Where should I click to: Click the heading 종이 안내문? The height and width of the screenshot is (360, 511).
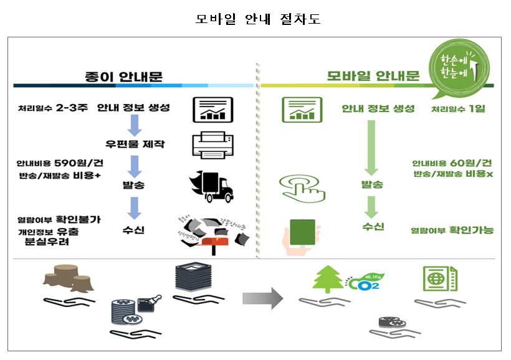[x=123, y=77]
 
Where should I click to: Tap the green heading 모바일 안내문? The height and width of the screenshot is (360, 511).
[x=373, y=77]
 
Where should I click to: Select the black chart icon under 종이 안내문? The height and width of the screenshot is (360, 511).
[x=212, y=110]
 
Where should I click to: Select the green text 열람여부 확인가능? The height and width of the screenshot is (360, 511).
[x=452, y=230]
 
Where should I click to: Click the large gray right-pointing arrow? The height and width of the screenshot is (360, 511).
[x=262, y=298]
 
